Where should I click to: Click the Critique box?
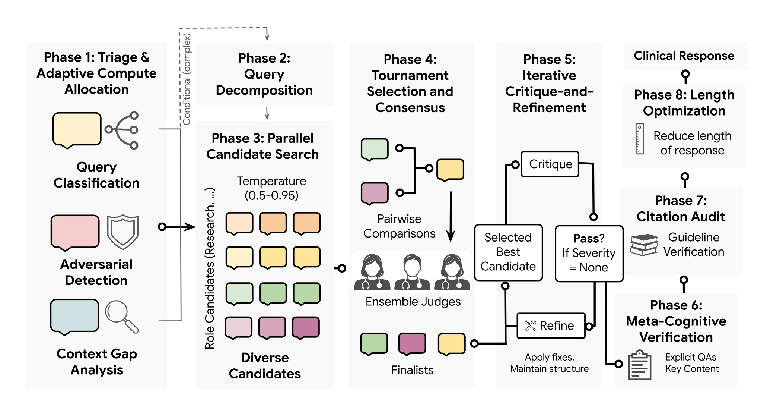(550, 164)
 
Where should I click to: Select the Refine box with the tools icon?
(551, 325)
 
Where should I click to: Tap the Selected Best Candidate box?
(508, 252)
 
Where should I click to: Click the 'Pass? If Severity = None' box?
(589, 253)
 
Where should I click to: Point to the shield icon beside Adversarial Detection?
(123, 232)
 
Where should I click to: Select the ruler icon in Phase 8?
(640, 139)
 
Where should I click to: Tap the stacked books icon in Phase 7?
(644, 245)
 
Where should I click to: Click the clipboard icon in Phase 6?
(640, 365)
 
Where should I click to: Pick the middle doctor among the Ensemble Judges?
(412, 272)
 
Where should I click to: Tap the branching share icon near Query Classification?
(122, 130)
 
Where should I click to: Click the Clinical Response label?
(684, 56)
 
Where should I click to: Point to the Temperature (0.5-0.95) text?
(271, 188)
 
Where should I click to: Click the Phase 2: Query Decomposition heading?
(264, 74)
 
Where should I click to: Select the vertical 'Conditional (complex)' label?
(187, 79)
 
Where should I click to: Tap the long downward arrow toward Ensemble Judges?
(451, 217)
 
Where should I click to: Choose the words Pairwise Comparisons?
(399, 226)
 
